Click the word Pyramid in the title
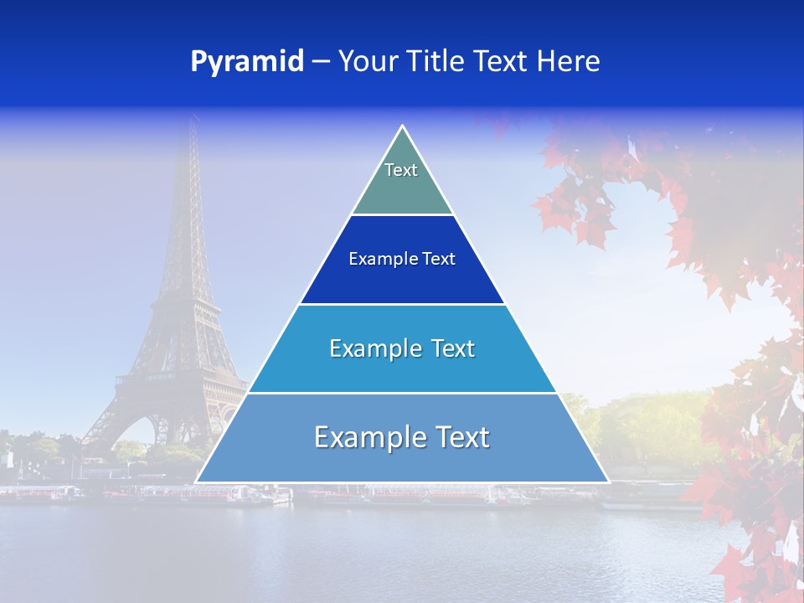[x=247, y=61]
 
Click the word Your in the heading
[x=366, y=61]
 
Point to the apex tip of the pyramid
[x=402, y=126]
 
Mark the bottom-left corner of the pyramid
[x=197, y=482]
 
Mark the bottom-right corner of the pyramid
[x=608, y=482]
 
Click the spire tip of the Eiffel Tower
[x=194, y=117]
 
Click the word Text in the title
[x=500, y=61]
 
